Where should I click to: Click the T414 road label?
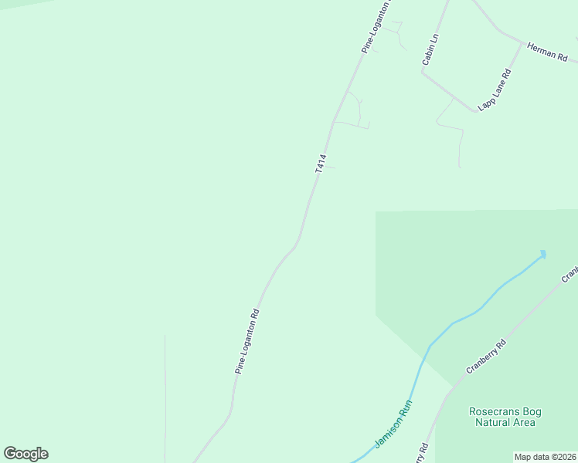[x=320, y=163]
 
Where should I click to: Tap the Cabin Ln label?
[x=430, y=48]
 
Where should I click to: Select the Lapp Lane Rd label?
[x=496, y=90]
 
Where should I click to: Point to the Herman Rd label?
[x=547, y=52]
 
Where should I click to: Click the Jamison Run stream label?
[x=393, y=424]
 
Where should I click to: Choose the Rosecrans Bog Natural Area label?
[x=502, y=417]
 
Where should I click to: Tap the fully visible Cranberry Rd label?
[x=485, y=357]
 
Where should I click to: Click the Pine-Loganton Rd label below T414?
[x=247, y=342]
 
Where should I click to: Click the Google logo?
[x=25, y=454]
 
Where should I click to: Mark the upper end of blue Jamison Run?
[x=543, y=252]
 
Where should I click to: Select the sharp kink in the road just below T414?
[x=296, y=245]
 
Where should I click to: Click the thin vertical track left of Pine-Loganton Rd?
[x=165, y=394]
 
